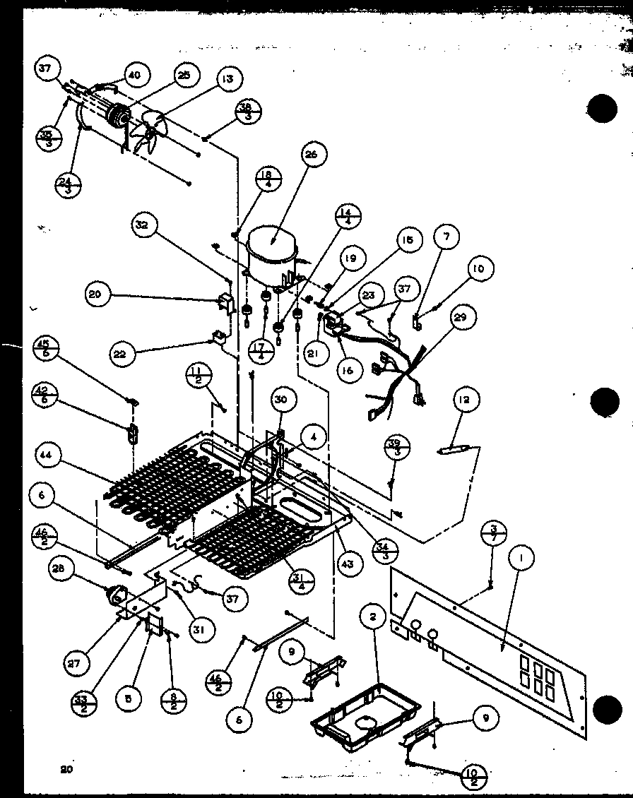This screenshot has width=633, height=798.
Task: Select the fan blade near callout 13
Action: coord(150,130)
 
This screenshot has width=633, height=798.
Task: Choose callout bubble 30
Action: coord(282,399)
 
